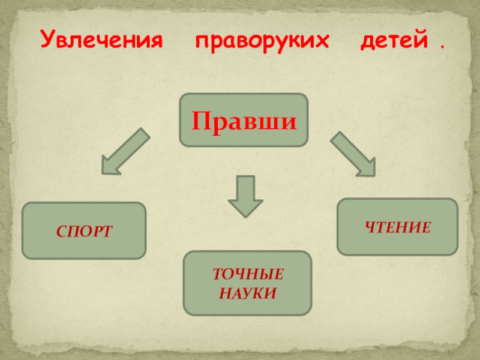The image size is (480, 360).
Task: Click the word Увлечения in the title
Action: (x=102, y=42)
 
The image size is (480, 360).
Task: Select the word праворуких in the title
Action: (x=262, y=42)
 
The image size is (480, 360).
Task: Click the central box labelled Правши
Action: (x=244, y=120)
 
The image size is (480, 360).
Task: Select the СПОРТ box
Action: (x=84, y=230)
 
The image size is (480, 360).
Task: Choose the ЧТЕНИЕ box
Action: (x=397, y=227)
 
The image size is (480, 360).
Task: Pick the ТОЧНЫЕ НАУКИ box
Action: (x=247, y=283)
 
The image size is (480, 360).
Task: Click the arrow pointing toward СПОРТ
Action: (x=124, y=151)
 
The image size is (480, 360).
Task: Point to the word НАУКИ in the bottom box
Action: (x=247, y=293)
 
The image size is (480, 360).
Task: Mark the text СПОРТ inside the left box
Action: (x=84, y=231)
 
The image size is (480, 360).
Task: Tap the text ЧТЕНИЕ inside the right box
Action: (x=397, y=227)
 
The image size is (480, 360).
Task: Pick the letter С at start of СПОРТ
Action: (x=62, y=231)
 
